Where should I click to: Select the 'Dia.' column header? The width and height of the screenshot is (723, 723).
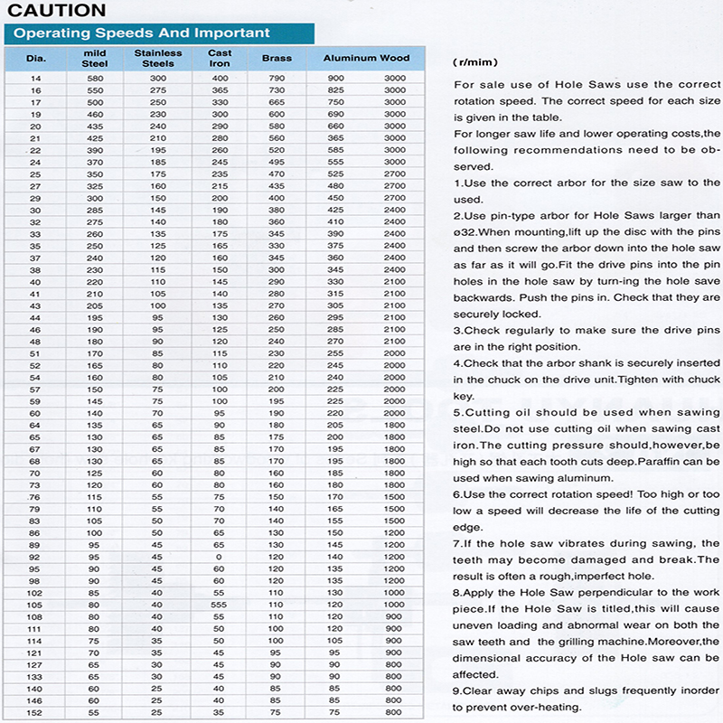point(36,59)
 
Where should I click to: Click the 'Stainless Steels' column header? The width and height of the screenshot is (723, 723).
point(157,59)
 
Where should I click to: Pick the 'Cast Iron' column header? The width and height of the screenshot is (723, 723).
point(220,59)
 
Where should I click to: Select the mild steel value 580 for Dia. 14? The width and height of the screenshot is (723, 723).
point(95,79)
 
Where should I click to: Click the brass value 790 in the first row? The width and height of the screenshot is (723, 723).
point(277,79)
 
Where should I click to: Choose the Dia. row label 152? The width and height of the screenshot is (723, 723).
point(36,712)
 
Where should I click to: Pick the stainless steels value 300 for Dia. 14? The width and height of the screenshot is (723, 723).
point(158,79)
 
